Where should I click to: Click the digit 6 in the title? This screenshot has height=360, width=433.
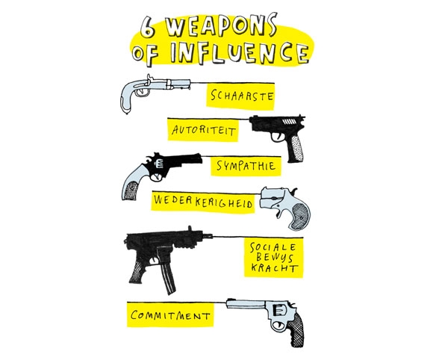pyautogui.click(x=147, y=28)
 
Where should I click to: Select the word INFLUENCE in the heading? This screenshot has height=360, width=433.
pyautogui.click(x=239, y=53)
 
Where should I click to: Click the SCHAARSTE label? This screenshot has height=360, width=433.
pyautogui.click(x=242, y=96)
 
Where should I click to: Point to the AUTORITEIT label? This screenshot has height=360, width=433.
pyautogui.click(x=204, y=130)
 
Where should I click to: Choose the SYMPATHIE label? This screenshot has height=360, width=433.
pyautogui.click(x=246, y=166)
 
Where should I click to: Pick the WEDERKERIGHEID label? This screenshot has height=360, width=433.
pyautogui.click(x=203, y=202)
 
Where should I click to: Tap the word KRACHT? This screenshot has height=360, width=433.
pyautogui.click(x=275, y=268)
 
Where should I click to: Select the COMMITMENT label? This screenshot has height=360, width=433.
pyautogui.click(x=170, y=315)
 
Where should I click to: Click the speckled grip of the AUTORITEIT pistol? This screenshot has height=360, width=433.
pyautogui.click(x=296, y=149)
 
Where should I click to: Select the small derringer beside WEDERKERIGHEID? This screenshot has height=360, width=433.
pyautogui.click(x=284, y=206)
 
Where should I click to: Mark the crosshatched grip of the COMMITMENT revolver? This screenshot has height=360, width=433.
pyautogui.click(x=296, y=329)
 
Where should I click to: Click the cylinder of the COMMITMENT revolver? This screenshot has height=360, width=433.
pyautogui.click(x=280, y=310)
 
